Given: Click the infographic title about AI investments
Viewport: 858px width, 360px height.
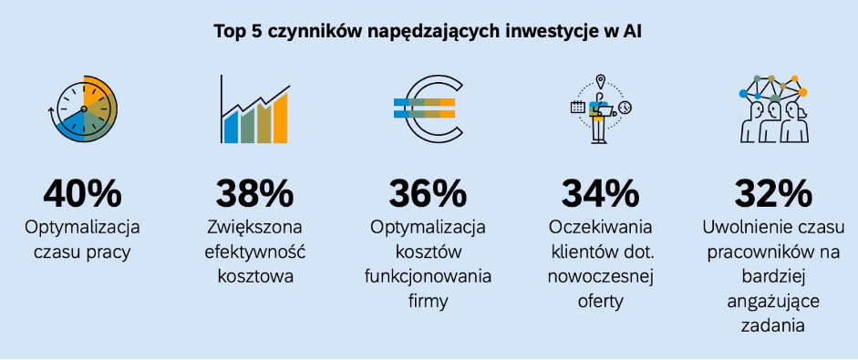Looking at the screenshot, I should coord(429,32).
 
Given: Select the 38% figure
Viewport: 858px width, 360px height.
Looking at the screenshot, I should coord(254,193).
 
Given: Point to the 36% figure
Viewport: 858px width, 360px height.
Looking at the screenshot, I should coord(428,193).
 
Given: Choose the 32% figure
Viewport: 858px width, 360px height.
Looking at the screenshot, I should coord(772,193).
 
